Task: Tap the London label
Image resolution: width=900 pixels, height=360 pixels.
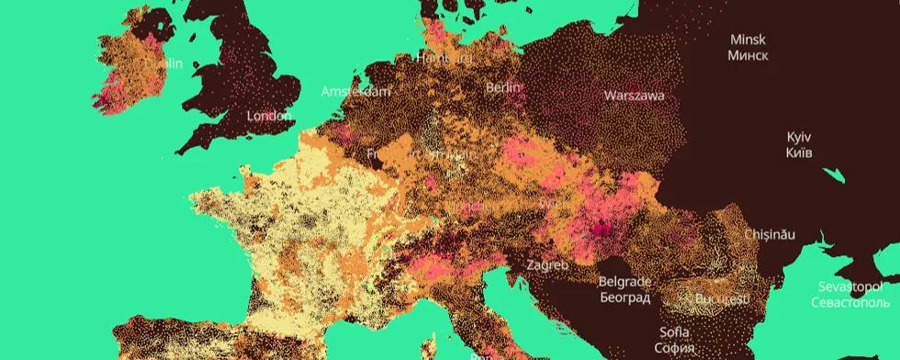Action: pos(270,116)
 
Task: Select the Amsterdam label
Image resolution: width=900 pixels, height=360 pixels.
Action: pos(355,91)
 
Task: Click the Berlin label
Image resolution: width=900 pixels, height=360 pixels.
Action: pos(503,87)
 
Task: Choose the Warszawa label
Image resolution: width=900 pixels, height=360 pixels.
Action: pos(634,95)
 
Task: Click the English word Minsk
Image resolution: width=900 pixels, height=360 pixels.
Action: pos(748,39)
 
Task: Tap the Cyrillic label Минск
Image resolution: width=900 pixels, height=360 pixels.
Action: pos(748,55)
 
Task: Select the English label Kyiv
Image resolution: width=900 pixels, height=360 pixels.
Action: pos(799,136)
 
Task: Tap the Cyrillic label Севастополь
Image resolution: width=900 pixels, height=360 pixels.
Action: pos(849,301)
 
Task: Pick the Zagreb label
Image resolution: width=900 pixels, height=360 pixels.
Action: pos(547,264)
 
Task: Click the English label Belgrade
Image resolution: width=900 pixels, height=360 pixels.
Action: pos(624,282)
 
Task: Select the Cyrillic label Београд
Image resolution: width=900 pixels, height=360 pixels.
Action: pos(624,298)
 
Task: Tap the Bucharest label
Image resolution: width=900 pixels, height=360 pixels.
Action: pos(722,299)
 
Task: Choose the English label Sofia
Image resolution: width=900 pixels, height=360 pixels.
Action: pos(675,332)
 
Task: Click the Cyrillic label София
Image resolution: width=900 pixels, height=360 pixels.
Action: pos(675,347)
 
